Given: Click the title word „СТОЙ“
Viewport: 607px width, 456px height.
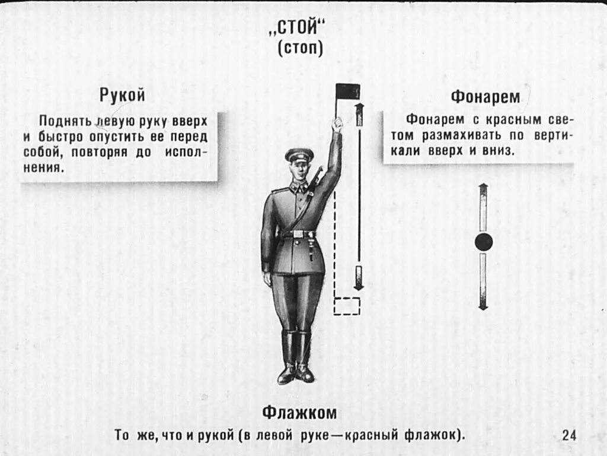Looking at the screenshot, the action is pos(301,28).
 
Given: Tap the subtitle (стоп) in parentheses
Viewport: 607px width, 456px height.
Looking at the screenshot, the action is pos(301,49).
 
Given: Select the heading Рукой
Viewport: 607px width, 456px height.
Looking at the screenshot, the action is pos(122,95).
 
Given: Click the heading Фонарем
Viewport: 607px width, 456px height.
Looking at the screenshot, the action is pos(485,97).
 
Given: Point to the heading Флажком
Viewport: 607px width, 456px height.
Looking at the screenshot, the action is pos(299,413).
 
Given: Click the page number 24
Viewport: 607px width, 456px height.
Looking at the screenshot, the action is pos(569,435).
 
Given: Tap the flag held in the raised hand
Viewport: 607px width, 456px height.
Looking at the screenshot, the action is pos(348,91).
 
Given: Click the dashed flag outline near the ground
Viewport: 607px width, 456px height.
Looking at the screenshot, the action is pos(347,306).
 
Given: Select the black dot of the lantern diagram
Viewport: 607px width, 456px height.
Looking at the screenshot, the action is pos(484,242).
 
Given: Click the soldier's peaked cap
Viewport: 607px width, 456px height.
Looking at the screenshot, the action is pos(299,155).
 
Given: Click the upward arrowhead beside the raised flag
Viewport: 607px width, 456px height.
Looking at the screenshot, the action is pos(359,107).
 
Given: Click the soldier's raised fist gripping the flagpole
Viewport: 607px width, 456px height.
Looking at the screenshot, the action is pos(337,124).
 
